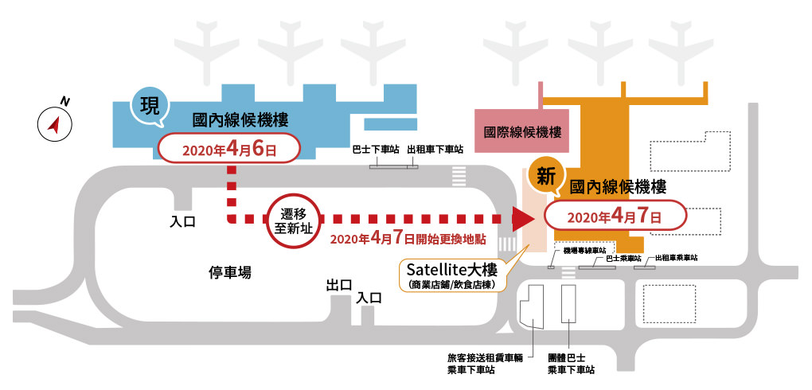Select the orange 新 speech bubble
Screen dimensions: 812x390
click(x=546, y=177)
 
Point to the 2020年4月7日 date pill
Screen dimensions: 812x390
click(x=615, y=216)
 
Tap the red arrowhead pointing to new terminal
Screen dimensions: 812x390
click(x=522, y=219)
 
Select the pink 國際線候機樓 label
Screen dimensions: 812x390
click(x=522, y=131)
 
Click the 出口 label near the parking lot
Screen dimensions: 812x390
click(x=339, y=285)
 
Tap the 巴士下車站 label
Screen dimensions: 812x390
click(x=376, y=149)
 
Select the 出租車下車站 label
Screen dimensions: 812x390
click(x=435, y=149)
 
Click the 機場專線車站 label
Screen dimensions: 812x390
click(x=584, y=251)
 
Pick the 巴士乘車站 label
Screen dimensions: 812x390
click(x=624, y=257)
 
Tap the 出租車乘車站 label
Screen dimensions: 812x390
click(x=676, y=257)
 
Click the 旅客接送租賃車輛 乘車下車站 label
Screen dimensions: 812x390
click(x=486, y=364)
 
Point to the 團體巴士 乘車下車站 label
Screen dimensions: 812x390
click(x=572, y=364)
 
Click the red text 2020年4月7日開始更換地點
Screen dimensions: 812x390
click(x=408, y=239)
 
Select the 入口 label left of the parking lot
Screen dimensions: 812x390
click(x=183, y=222)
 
